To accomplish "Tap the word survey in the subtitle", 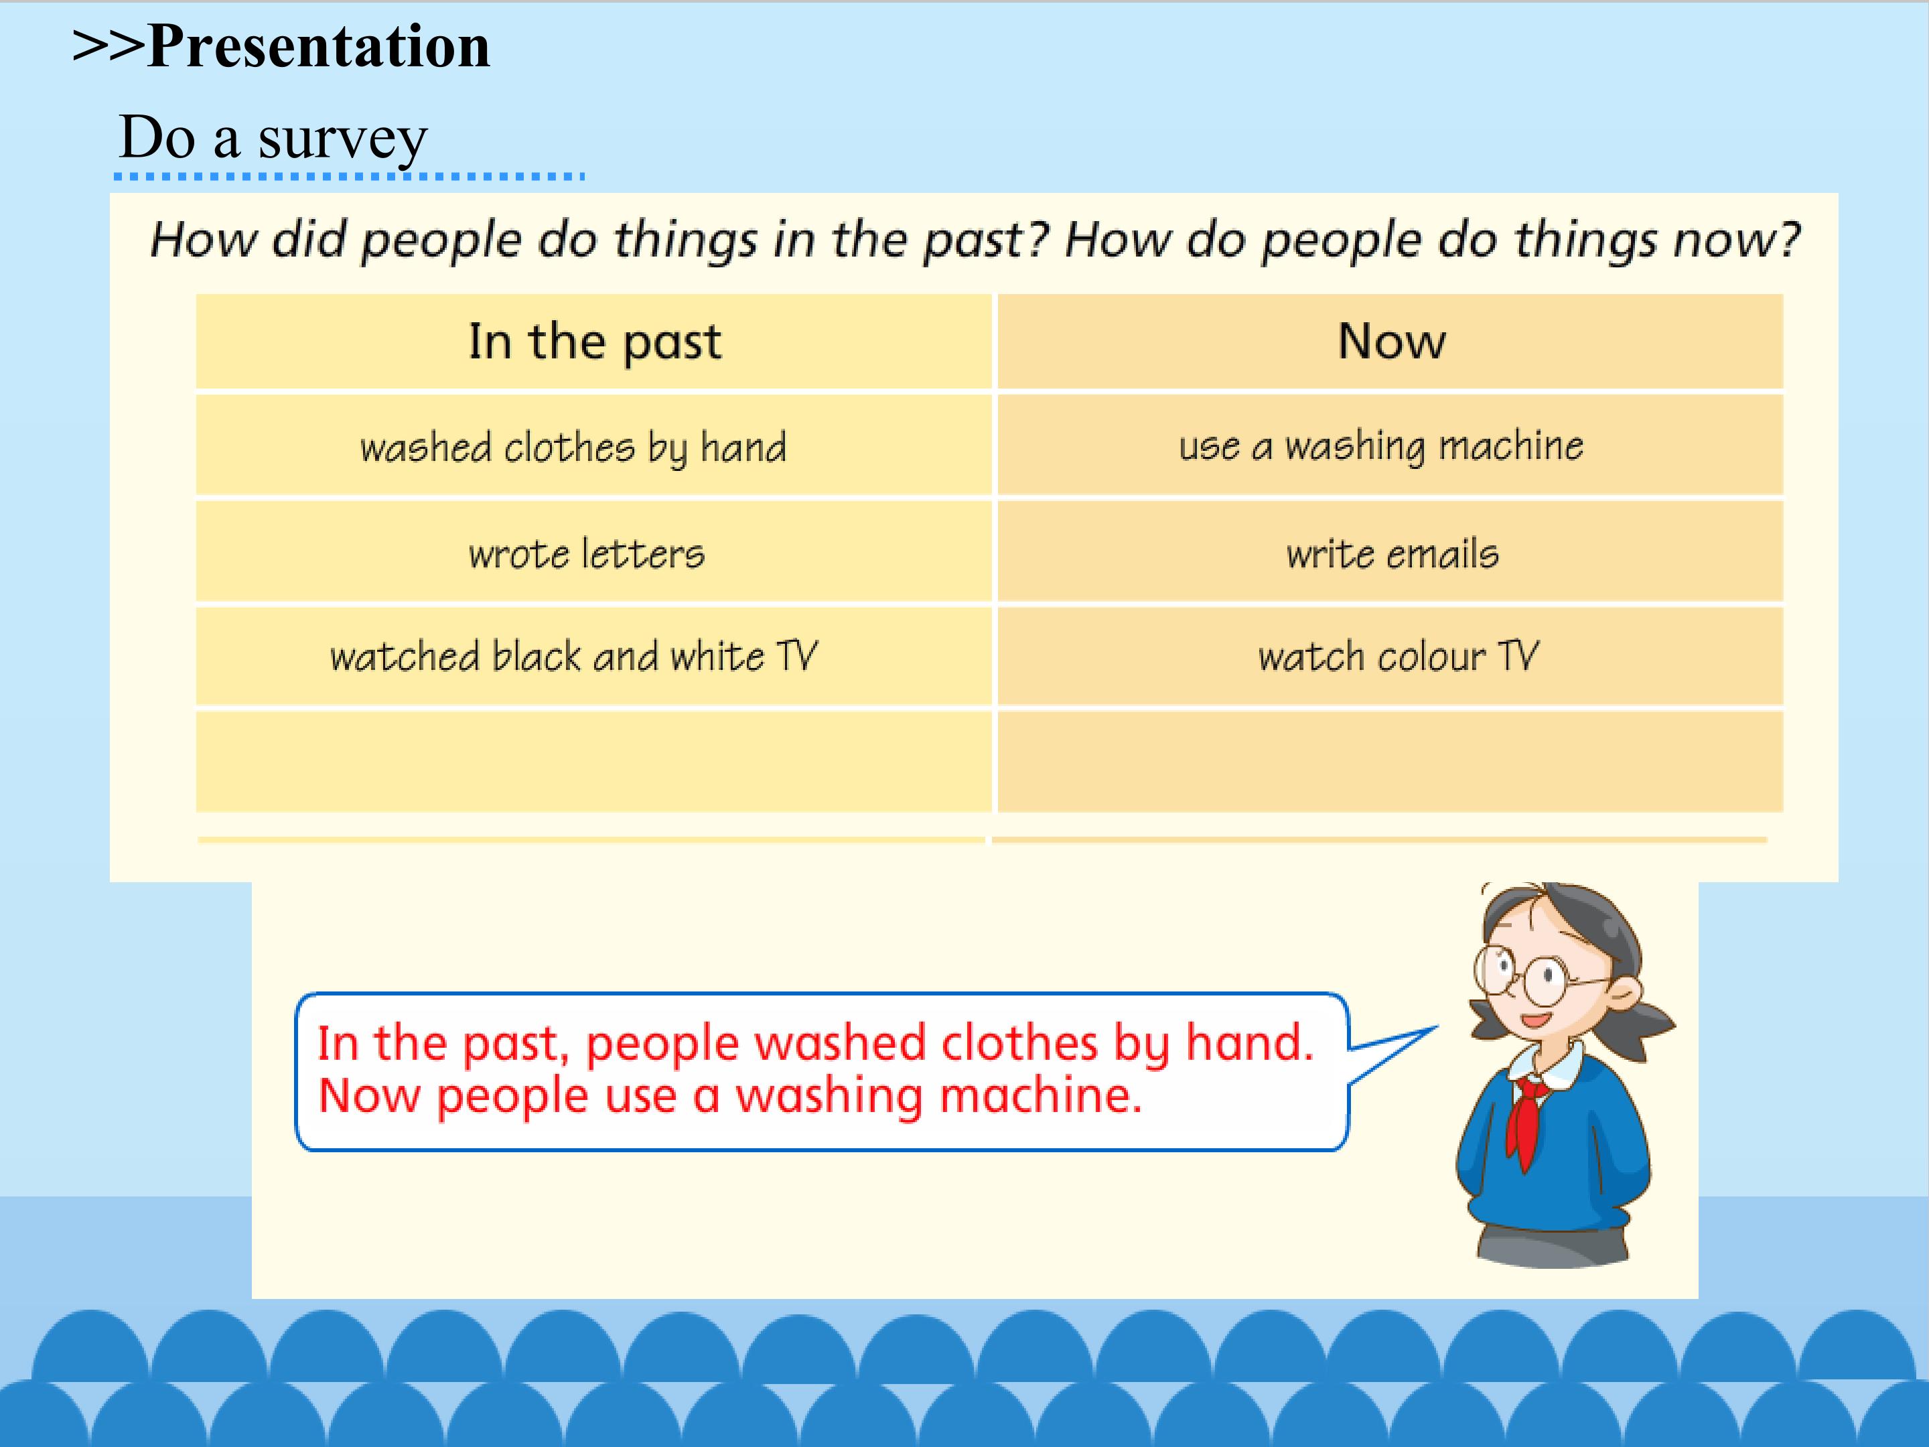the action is point(343,138).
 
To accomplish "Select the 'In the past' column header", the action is point(595,341).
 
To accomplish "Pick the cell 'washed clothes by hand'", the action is point(595,445).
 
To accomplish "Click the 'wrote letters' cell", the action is point(595,552).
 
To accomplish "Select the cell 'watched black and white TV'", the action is point(595,656).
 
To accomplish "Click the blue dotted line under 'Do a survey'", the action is point(349,176).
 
